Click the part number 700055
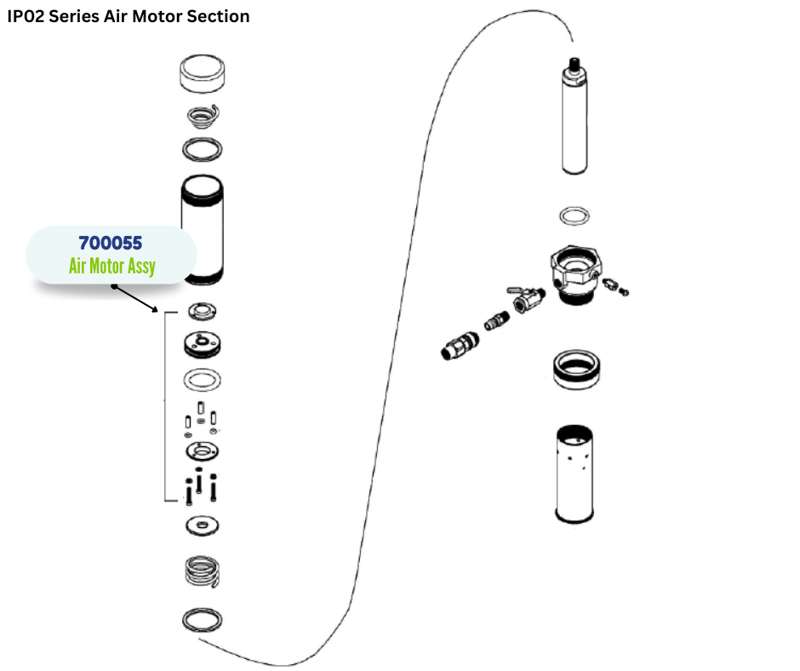(x=111, y=243)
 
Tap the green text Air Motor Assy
(x=112, y=267)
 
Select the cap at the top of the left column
(x=203, y=75)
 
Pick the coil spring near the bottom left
(x=204, y=571)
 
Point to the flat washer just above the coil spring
(x=203, y=525)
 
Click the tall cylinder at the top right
(x=576, y=124)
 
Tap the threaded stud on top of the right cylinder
(x=576, y=64)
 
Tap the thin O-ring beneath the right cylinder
(x=576, y=215)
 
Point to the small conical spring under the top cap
(x=204, y=116)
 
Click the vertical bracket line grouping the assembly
(x=164, y=407)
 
